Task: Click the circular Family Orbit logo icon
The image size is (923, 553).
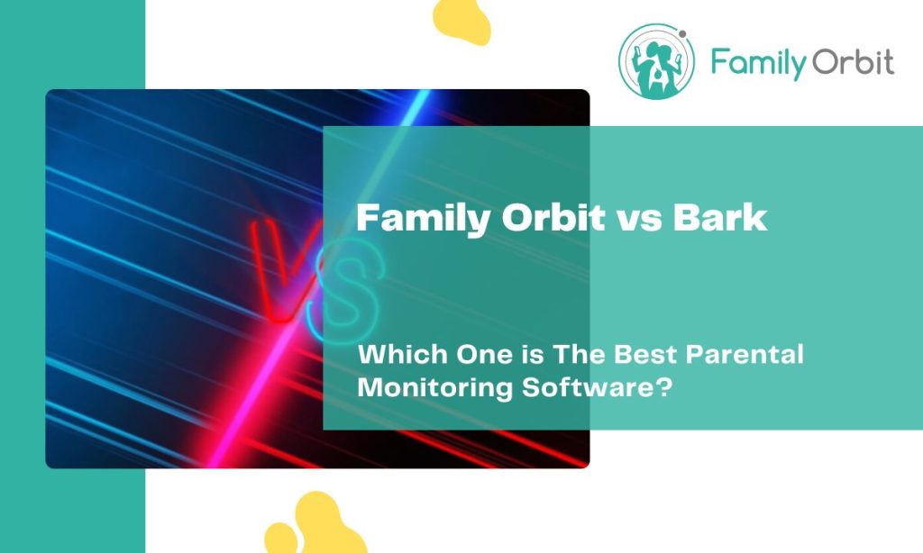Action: [654, 61]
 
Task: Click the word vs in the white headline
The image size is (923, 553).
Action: [638, 219]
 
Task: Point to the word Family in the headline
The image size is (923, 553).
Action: [416, 219]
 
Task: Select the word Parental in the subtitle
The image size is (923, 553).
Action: [745, 354]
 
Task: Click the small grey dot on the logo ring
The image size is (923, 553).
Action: [682, 35]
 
